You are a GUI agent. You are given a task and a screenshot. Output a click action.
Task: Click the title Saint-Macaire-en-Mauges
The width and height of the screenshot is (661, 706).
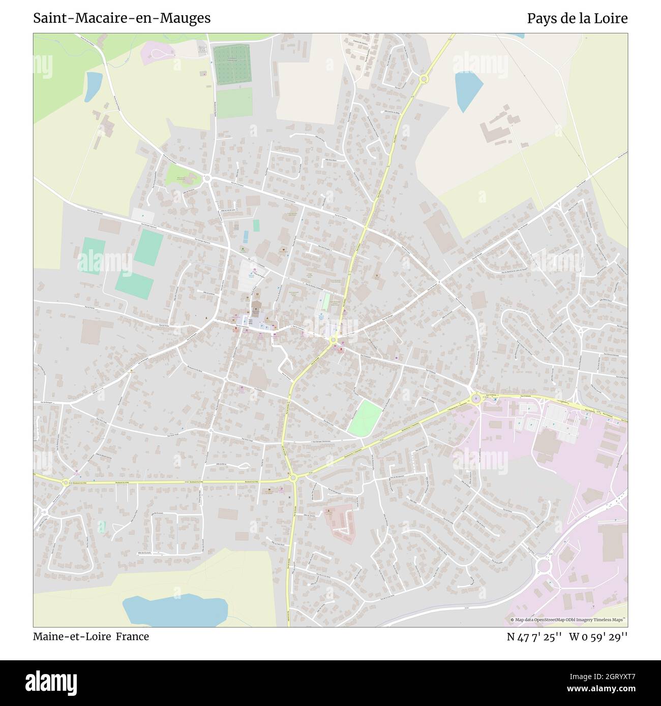tap(122, 19)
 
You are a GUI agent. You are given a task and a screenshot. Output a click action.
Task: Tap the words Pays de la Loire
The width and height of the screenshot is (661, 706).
tap(577, 19)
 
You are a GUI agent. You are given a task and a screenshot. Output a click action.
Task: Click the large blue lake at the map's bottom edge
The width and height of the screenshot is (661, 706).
tap(174, 611)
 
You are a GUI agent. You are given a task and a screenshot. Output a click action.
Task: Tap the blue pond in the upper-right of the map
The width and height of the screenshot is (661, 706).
tap(468, 90)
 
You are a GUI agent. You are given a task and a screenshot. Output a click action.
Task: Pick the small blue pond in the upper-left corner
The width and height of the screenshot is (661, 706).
tap(94, 85)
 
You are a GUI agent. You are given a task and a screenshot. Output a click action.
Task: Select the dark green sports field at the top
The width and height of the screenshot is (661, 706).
tap(232, 65)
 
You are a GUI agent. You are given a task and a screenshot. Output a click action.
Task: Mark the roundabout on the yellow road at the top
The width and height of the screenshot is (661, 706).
tap(424, 79)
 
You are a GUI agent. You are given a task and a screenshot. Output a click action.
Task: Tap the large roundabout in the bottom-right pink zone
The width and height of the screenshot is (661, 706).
tap(544, 565)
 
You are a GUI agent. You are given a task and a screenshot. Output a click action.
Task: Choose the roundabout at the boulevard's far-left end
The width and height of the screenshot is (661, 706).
tap(66, 483)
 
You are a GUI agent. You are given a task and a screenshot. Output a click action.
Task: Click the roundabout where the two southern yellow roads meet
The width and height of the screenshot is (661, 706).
tap(292, 477)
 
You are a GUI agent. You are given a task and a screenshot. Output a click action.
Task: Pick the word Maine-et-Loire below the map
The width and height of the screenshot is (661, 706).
tap(72, 636)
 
